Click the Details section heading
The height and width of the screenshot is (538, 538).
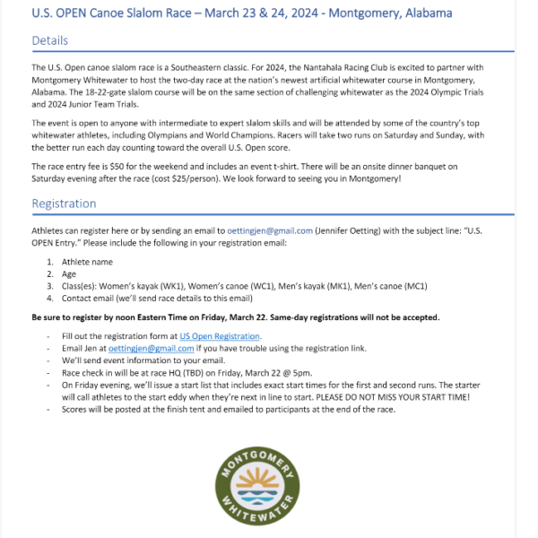(50, 41)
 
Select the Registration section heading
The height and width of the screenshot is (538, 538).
(64, 204)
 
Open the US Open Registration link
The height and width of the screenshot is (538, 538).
(214, 335)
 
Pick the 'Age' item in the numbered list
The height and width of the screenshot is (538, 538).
(70, 273)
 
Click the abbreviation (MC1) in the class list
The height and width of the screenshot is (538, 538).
(412, 286)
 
